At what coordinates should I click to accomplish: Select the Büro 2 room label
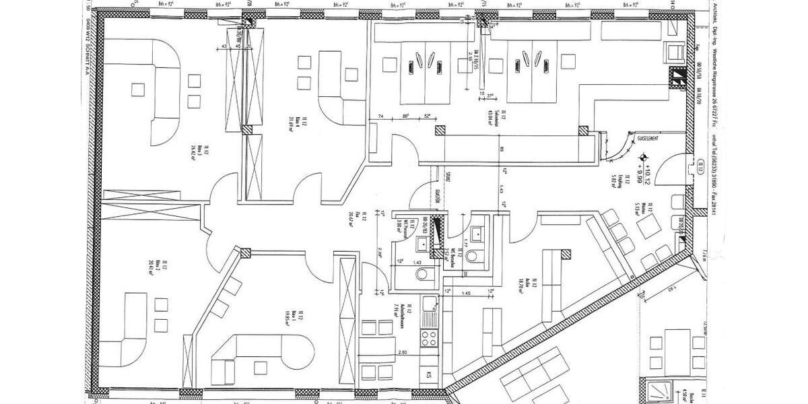pyautogui.click(x=158, y=264)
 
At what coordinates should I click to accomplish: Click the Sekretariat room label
pyautogui.click(x=494, y=116)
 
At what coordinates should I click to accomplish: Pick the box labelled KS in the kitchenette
pyautogui.click(x=428, y=374)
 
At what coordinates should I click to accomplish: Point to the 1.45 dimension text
pyautogui.click(x=465, y=294)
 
